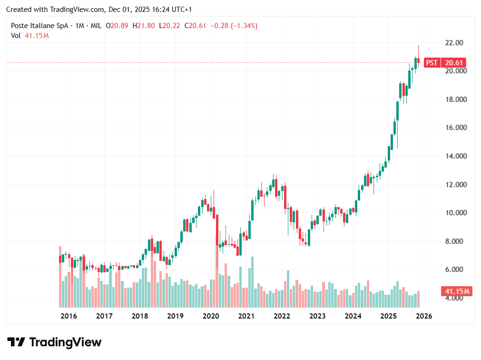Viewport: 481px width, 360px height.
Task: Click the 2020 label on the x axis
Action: click(x=211, y=316)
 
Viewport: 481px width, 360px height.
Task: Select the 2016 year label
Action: click(x=69, y=316)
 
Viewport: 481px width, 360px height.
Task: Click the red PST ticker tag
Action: click(x=432, y=63)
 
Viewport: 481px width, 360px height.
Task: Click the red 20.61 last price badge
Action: click(x=453, y=63)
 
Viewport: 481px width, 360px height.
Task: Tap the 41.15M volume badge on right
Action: click(x=457, y=291)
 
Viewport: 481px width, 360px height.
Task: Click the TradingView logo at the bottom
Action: click(x=55, y=342)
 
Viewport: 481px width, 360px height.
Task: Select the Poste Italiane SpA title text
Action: click(x=40, y=26)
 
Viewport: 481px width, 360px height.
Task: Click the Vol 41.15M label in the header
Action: click(x=30, y=35)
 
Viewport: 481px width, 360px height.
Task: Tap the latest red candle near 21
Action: click(x=419, y=60)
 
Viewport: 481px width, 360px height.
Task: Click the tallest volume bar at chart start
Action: click(x=60, y=276)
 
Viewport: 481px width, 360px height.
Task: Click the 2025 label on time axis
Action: click(x=389, y=316)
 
